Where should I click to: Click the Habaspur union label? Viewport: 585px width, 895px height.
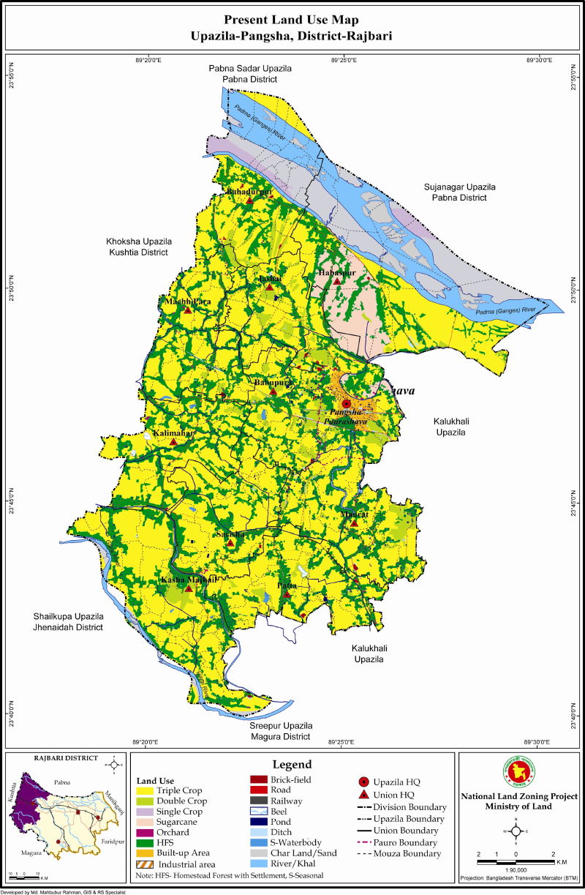[337, 273]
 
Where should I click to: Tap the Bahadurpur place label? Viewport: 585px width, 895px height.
[249, 192]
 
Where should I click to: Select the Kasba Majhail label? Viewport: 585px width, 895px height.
[189, 580]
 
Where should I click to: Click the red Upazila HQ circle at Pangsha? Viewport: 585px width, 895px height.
[347, 403]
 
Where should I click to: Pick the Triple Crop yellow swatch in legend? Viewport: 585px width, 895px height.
[146, 790]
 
